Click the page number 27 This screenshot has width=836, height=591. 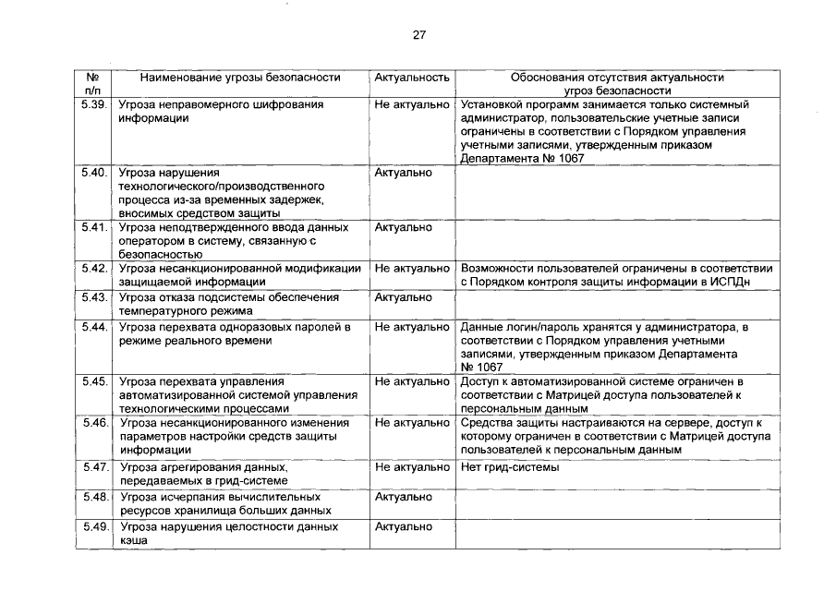pos(418,35)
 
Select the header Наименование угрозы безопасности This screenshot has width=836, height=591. pos(240,78)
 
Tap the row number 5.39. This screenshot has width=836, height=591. pos(94,105)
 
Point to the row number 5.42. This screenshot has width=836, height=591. pos(94,269)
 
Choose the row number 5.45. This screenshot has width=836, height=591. pos(94,381)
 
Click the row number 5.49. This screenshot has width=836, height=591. pos(94,526)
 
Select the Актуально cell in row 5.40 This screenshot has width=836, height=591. pos(403,173)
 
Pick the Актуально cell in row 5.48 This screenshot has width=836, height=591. pos(403,497)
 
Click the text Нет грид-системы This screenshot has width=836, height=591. pos(509,467)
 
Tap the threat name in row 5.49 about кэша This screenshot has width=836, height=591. pos(227,533)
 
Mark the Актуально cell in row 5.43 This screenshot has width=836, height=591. pos(403,297)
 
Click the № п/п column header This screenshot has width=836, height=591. pos(93,85)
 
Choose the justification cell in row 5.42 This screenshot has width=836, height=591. pos(615,275)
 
